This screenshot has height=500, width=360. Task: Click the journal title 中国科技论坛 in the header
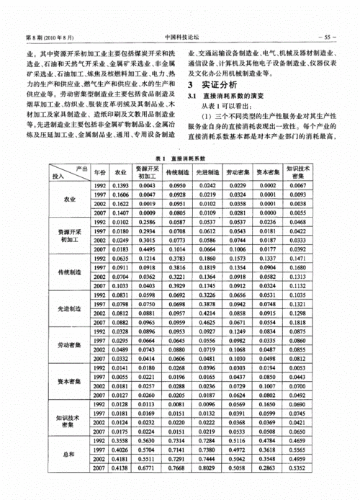[x=180, y=37]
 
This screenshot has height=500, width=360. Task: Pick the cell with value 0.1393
[x=121, y=185]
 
